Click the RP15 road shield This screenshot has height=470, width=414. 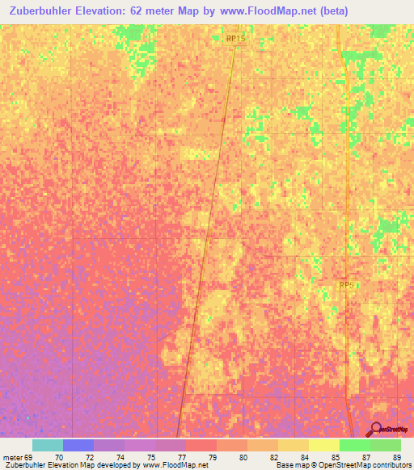click(x=235, y=38)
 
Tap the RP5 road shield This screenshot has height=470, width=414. click(x=347, y=285)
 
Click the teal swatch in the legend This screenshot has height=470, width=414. click(x=48, y=445)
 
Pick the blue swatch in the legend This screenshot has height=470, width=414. click(x=78, y=445)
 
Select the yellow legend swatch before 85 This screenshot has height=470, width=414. click(x=323, y=445)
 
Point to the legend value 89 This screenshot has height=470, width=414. click(x=396, y=458)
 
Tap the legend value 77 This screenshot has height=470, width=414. click(x=182, y=458)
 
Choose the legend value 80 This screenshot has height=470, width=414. click(x=243, y=458)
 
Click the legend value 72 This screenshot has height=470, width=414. click(x=90, y=458)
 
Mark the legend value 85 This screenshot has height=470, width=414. click(x=336, y=458)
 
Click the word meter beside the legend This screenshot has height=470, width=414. click(x=11, y=458)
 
